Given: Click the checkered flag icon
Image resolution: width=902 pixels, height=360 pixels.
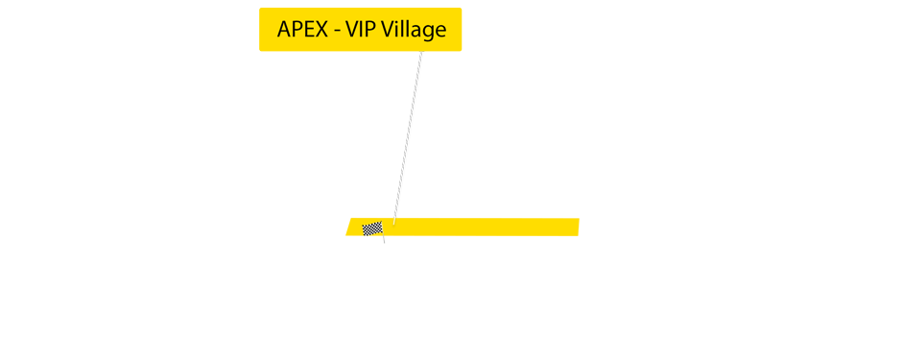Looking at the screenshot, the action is [372, 228].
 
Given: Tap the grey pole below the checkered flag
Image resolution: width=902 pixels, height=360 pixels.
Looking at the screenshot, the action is [384, 239].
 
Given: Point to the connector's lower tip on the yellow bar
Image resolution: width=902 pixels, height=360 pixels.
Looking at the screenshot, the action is [394, 222].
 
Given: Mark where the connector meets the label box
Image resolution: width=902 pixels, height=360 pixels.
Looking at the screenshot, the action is [421, 53].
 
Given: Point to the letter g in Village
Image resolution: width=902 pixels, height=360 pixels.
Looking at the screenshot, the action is [428, 33].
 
